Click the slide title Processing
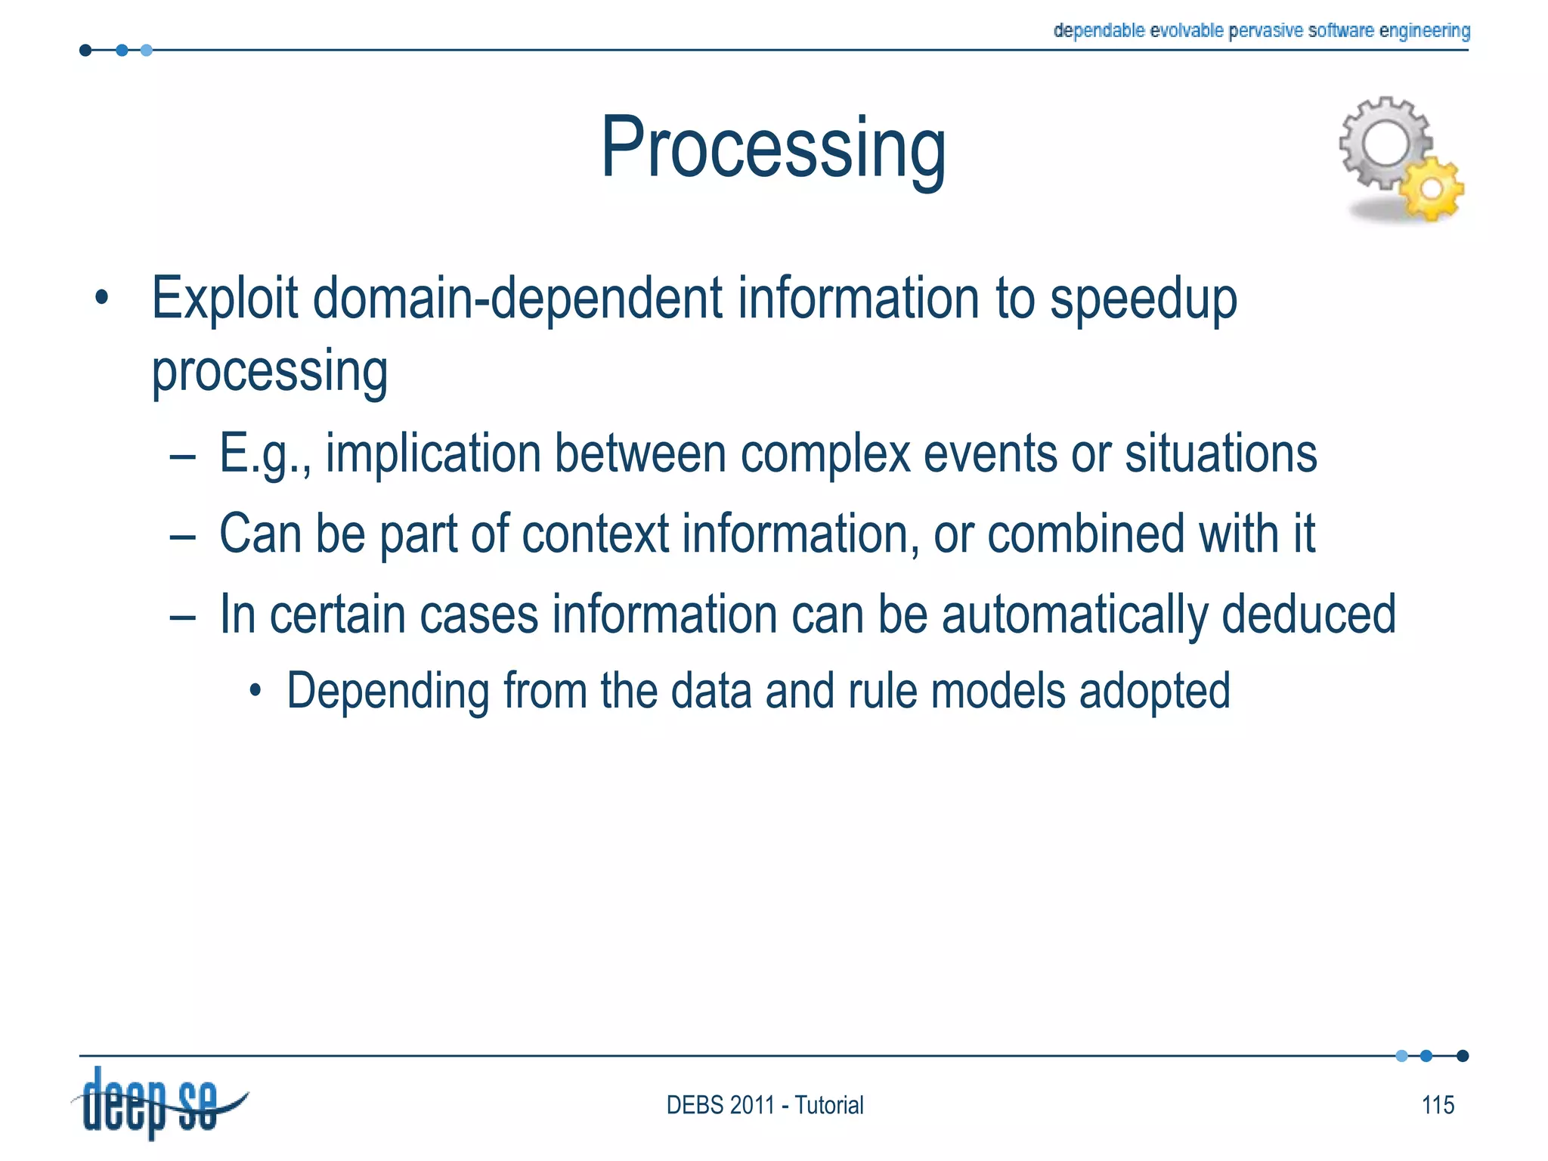point(772,147)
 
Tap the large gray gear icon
point(1385,144)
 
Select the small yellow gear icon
point(1432,189)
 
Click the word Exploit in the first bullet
point(224,299)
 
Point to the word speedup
point(1143,300)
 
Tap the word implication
point(432,454)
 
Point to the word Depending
point(388,692)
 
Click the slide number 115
point(1438,1105)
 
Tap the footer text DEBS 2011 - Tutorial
point(764,1105)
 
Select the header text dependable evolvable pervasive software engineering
point(1261,30)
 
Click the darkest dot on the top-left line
point(85,51)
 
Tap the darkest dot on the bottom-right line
point(1463,1056)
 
